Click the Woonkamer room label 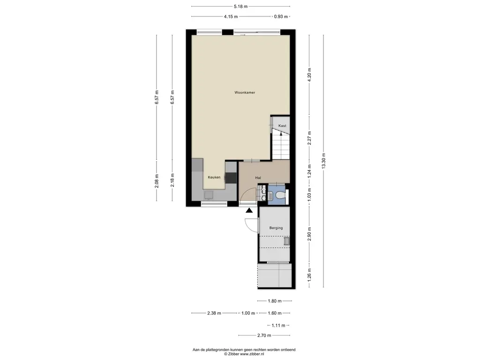(245, 92)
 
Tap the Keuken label (214, 177)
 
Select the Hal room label (258, 178)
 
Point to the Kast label (282, 126)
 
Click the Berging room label (276, 228)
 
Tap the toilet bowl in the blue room (280, 195)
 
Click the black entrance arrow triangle (249, 210)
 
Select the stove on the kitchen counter (231, 178)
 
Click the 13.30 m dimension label (323, 161)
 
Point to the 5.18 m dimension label (240, 7)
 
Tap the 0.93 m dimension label (281, 16)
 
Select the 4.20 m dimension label (309, 75)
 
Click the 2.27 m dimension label (309, 138)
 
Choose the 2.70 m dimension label (264, 336)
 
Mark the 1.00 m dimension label (248, 313)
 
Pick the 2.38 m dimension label (214, 313)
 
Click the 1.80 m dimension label (275, 301)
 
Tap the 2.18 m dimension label (172, 180)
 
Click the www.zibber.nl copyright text (252, 354)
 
